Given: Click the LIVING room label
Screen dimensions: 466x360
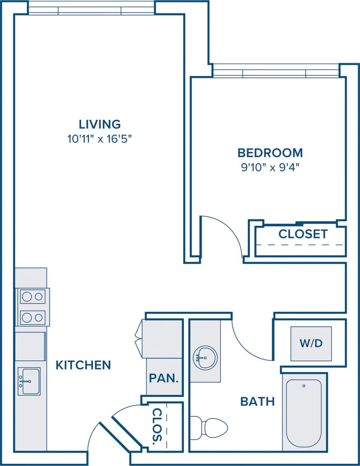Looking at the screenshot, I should pyautogui.click(x=100, y=124).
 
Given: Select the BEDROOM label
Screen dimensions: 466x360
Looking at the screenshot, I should pyautogui.click(x=270, y=153).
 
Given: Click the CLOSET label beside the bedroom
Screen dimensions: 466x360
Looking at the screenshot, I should pyautogui.click(x=303, y=234).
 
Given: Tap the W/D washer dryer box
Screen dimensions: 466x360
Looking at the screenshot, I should pyautogui.click(x=311, y=343).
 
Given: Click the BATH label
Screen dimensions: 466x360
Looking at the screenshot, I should pyautogui.click(x=257, y=402).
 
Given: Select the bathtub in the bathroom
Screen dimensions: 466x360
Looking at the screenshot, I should pyautogui.click(x=304, y=412).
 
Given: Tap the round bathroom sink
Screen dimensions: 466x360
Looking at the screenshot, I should pyautogui.click(x=205, y=358).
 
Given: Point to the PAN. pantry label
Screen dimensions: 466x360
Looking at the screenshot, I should pyautogui.click(x=164, y=378).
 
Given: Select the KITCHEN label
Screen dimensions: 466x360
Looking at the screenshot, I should pyautogui.click(x=83, y=365).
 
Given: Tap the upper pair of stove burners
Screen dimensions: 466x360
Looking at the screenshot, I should pyautogui.click(x=32, y=297).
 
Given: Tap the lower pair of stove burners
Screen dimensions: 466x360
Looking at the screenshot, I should pyautogui.click(x=32, y=318).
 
